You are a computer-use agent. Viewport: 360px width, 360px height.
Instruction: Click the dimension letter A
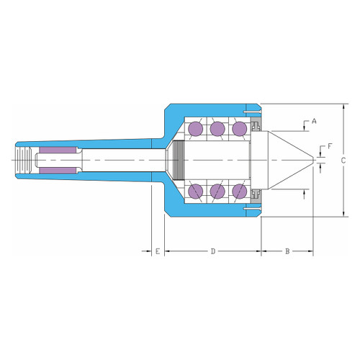tap(314, 122)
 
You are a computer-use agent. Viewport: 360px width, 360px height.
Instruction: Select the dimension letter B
tap(287, 251)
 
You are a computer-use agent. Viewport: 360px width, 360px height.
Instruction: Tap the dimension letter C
tap(343, 161)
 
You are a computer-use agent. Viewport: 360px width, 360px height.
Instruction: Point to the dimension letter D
tap(213, 251)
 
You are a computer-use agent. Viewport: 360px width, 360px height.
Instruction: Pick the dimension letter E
tap(158, 251)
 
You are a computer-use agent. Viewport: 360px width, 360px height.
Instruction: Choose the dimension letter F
tap(330, 146)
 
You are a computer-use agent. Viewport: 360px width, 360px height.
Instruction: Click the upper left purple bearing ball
tap(196, 129)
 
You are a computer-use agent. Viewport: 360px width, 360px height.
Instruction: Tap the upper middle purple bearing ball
tap(217, 129)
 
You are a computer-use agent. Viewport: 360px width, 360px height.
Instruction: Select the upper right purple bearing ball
tap(240, 129)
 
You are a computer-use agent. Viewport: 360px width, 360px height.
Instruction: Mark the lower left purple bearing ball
tap(196, 192)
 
